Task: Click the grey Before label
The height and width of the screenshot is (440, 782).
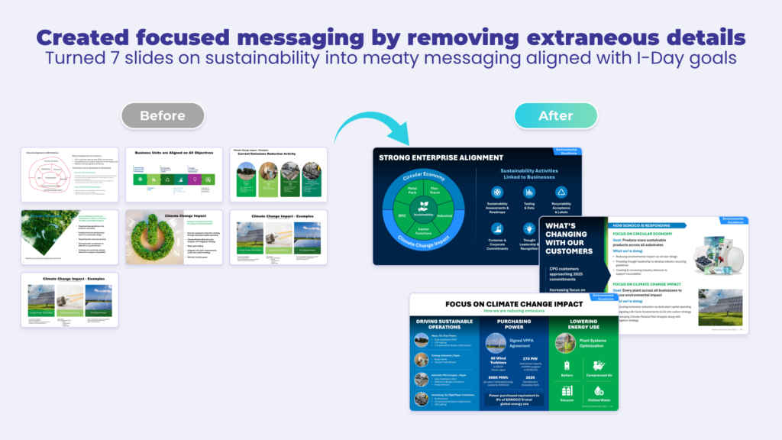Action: pyautogui.click(x=163, y=115)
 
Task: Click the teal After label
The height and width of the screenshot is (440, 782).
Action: pyautogui.click(x=555, y=115)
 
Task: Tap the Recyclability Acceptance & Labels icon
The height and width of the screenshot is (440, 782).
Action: pyautogui.click(x=561, y=192)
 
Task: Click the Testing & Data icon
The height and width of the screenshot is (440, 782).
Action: pyautogui.click(x=529, y=192)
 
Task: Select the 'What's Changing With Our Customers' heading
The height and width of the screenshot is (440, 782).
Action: pyautogui.click(x=570, y=240)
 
